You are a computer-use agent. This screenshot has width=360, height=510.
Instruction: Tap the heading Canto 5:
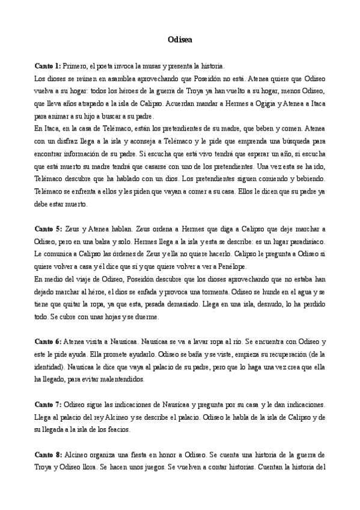click(x=47, y=230)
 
